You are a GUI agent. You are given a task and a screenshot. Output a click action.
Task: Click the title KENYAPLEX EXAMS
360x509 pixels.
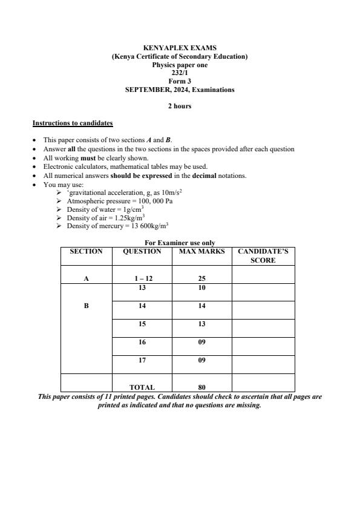pyautogui.click(x=180, y=48)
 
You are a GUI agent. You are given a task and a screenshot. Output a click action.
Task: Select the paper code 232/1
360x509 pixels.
pyautogui.click(x=180, y=73)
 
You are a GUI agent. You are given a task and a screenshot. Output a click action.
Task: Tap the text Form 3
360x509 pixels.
pyautogui.click(x=180, y=81)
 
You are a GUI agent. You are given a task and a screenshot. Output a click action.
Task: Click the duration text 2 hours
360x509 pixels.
pyautogui.click(x=180, y=106)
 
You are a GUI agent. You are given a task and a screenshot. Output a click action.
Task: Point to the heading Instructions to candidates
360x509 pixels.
pyautogui.click(x=73, y=123)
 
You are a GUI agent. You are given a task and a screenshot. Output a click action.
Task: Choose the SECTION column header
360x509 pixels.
pyautogui.click(x=87, y=251)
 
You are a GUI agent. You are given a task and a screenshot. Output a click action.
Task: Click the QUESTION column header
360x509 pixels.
pyautogui.click(x=142, y=251)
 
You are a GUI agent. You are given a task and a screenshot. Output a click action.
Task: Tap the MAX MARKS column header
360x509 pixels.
pyautogui.click(x=202, y=251)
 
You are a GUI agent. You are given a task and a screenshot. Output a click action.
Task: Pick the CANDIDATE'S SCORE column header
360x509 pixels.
pyautogui.click(x=263, y=255)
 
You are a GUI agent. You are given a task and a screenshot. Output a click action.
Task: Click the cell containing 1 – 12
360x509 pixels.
pyautogui.click(x=142, y=278)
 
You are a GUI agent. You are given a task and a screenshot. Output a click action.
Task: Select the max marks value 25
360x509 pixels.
pyautogui.click(x=202, y=278)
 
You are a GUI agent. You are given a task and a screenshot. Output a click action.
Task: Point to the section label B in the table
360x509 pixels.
pyautogui.click(x=87, y=306)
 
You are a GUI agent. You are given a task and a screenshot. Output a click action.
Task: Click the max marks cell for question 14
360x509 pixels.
pyautogui.click(x=202, y=306)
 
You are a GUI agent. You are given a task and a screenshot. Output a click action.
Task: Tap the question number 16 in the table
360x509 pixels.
pyautogui.click(x=142, y=343)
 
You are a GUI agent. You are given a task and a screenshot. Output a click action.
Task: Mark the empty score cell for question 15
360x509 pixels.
pyautogui.click(x=263, y=327)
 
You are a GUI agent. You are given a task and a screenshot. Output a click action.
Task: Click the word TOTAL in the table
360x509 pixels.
pyautogui.click(x=142, y=387)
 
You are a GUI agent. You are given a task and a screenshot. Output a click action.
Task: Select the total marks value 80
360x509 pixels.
pyautogui.click(x=202, y=387)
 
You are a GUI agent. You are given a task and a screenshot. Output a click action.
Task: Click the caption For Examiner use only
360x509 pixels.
pyautogui.click(x=180, y=243)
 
